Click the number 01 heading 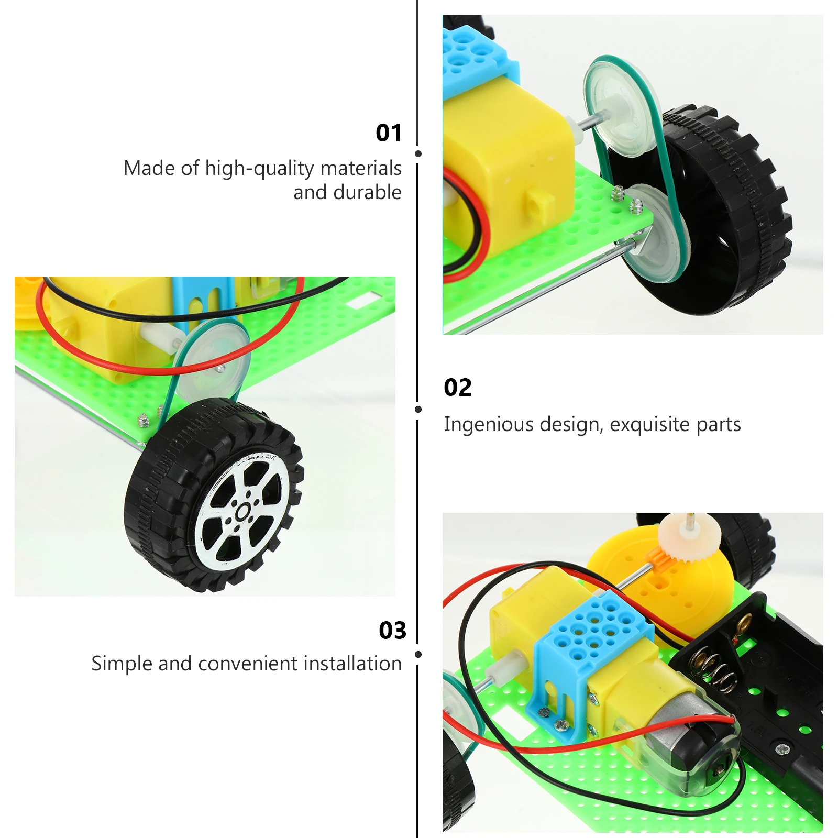[x=389, y=133]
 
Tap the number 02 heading [x=458, y=388]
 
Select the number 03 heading [x=392, y=631]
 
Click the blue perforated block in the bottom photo [x=592, y=634]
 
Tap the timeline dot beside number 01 [x=418, y=153]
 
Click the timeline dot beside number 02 [x=418, y=409]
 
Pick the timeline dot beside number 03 [x=418, y=654]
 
